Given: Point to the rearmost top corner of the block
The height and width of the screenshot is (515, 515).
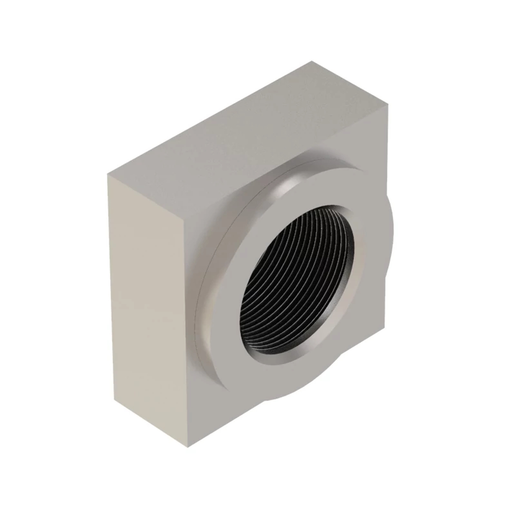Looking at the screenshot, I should (x=312, y=62).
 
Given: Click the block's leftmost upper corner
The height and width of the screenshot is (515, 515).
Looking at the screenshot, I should (x=107, y=175).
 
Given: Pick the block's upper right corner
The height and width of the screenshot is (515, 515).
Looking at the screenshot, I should (x=389, y=105).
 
